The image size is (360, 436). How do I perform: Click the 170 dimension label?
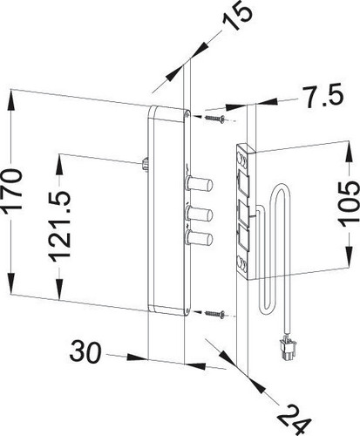pos(12,190)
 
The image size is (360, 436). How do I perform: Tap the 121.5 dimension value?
pos(59,225)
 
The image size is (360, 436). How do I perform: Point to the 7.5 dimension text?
pos(323,96)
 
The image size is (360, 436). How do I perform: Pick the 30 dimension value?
pos(86,352)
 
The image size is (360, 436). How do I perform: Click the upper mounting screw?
pos(215,119)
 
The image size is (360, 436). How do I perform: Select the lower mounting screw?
pos(215,314)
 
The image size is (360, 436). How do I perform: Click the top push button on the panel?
pos(199,183)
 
